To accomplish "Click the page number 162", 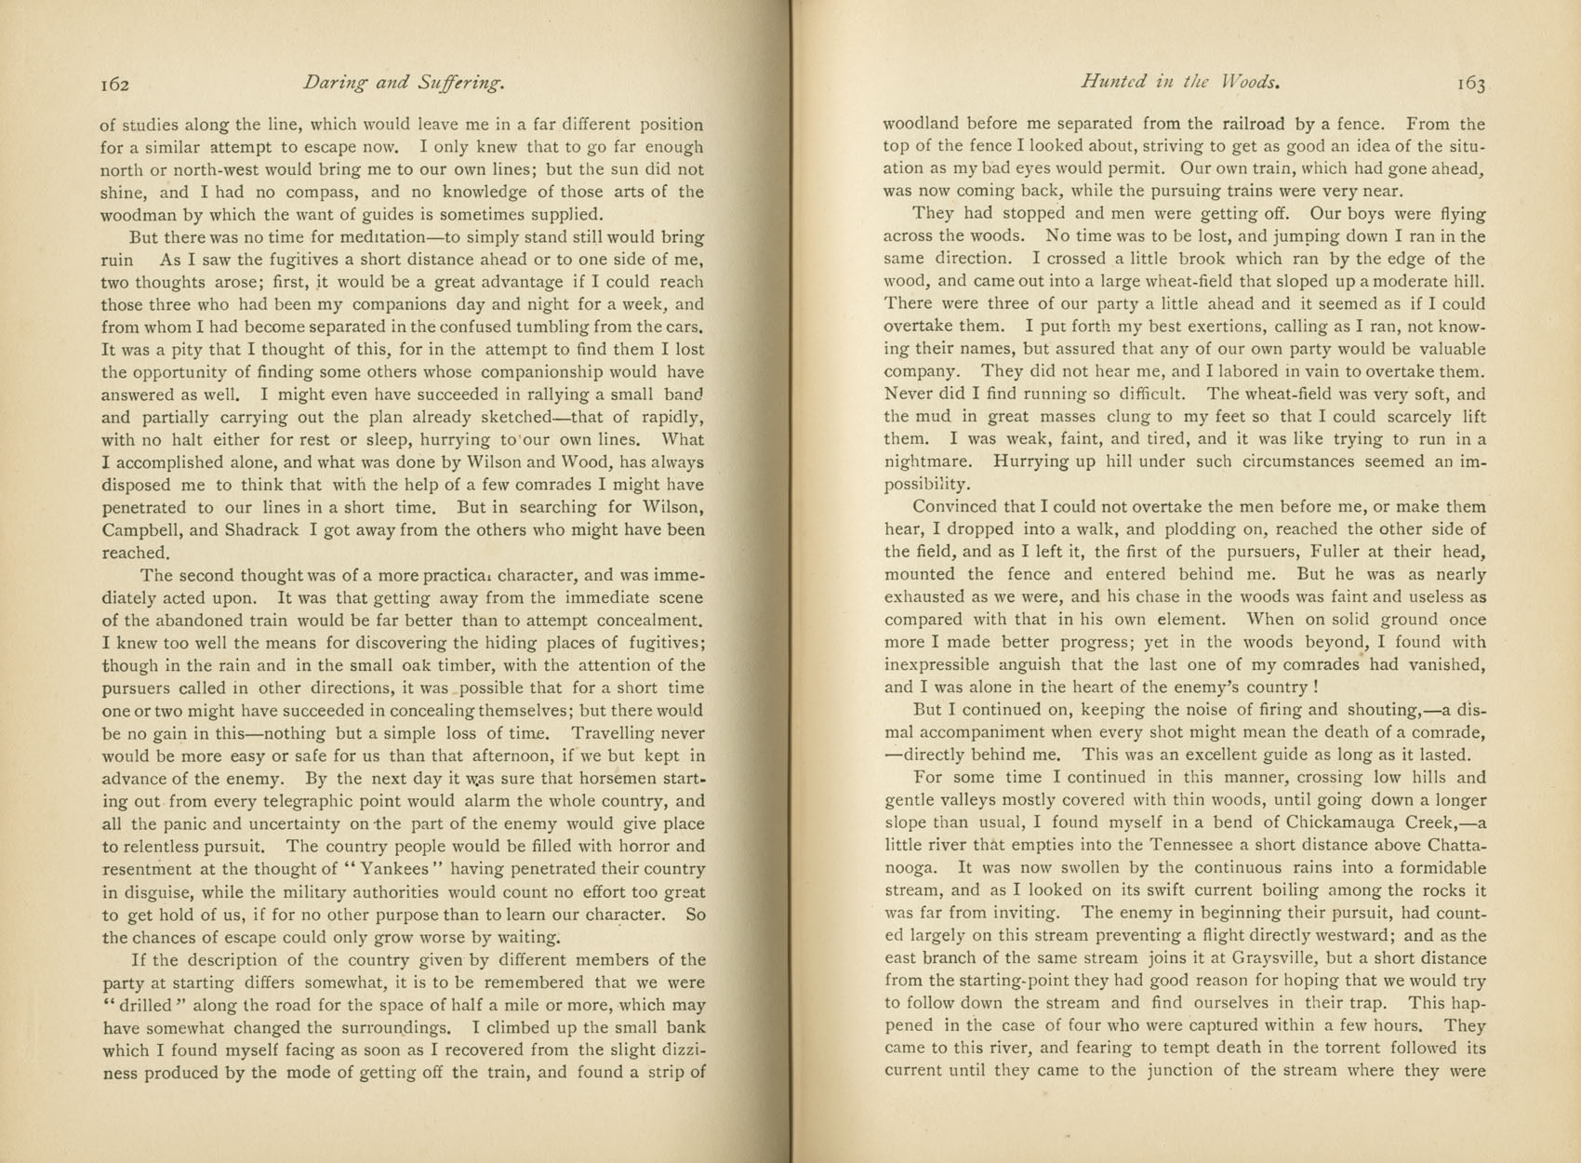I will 114,85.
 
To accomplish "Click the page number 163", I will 1471,84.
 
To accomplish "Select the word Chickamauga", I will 1349,822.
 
